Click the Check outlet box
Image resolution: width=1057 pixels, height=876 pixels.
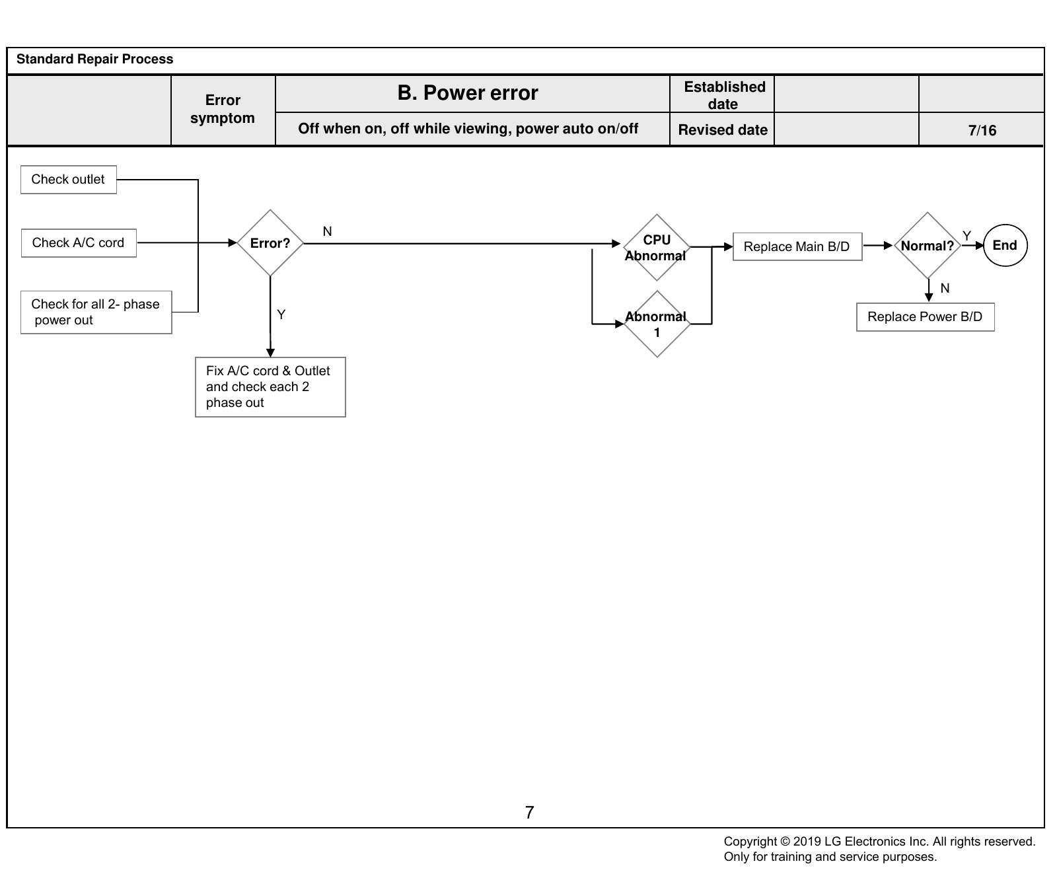point(69,180)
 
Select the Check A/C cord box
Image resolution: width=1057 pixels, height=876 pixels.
point(79,243)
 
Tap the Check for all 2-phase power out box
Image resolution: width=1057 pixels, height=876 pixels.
point(96,312)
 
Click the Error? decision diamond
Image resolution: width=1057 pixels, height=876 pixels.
point(270,243)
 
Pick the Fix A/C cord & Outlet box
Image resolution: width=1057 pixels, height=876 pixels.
point(270,387)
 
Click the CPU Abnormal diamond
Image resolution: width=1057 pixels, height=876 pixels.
point(657,248)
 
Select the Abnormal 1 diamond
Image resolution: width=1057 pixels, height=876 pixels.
point(657,324)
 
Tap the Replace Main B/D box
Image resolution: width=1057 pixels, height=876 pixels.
point(797,246)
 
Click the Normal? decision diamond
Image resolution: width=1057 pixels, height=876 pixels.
point(928,246)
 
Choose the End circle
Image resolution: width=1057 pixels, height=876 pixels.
point(1005,246)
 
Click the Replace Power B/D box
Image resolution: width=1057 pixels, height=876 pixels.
point(926,317)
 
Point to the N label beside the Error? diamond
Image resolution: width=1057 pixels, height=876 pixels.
point(327,231)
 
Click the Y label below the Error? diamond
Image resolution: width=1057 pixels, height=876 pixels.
point(281,314)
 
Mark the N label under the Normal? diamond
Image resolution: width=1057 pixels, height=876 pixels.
point(945,288)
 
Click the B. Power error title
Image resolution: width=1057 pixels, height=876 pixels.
point(468,93)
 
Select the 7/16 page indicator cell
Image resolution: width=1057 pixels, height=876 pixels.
point(982,130)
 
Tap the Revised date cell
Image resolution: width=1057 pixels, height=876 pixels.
point(723,130)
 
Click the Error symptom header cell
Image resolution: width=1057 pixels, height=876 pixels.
point(223,110)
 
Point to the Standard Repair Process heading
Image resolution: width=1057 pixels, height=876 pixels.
point(94,59)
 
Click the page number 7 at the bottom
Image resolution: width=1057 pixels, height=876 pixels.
point(529,813)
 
